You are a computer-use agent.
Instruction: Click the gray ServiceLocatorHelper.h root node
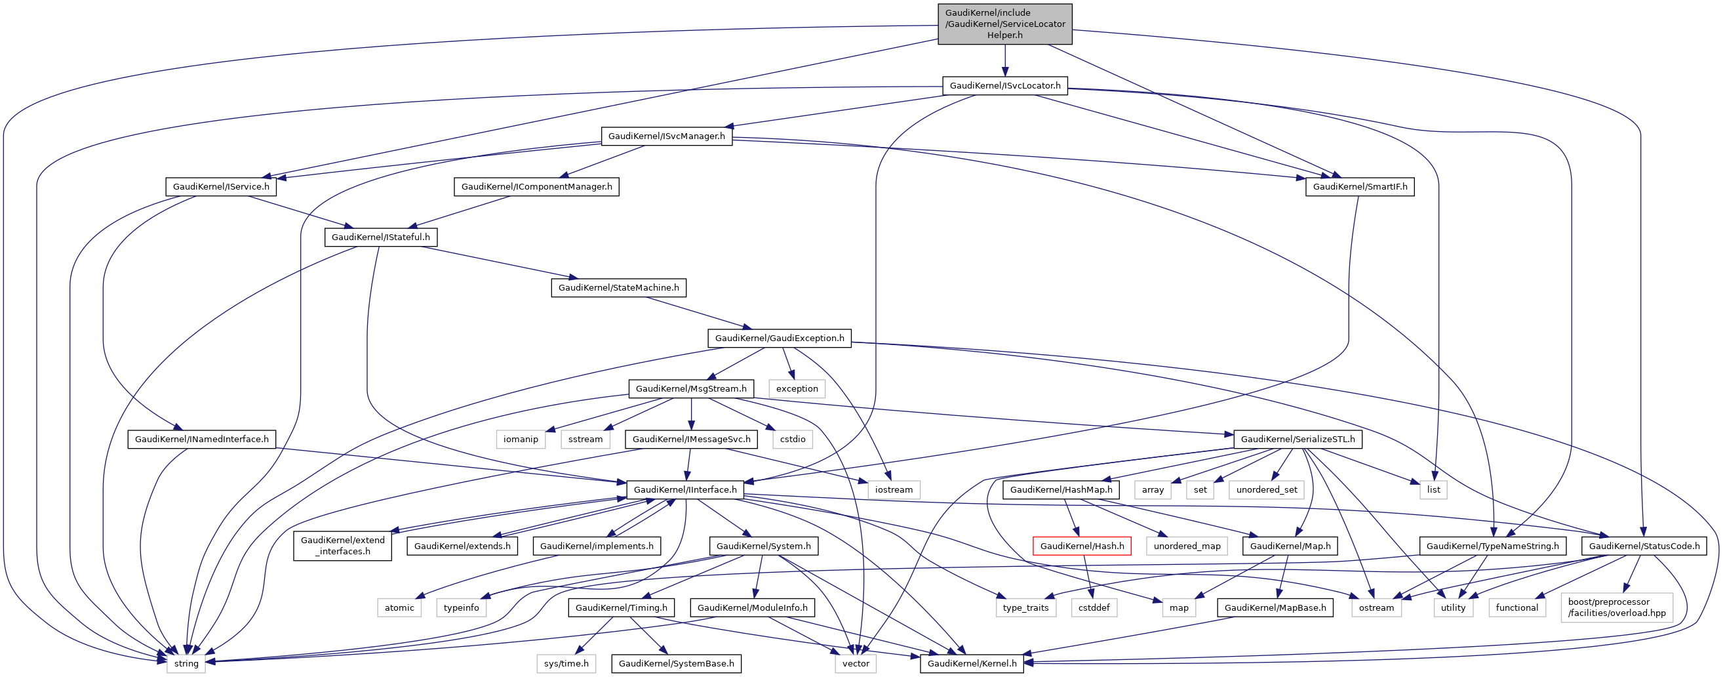point(1004,24)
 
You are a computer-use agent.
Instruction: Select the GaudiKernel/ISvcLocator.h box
point(1004,86)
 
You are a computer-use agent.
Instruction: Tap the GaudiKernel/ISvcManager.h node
point(666,136)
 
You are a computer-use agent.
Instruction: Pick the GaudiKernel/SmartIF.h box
point(1360,187)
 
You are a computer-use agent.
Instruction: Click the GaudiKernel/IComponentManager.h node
point(536,187)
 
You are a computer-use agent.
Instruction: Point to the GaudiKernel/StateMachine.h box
point(618,287)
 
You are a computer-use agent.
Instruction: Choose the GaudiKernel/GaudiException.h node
point(780,338)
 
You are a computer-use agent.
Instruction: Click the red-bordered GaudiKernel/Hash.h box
point(1082,546)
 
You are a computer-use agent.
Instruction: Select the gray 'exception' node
point(797,388)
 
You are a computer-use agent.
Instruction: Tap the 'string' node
point(186,664)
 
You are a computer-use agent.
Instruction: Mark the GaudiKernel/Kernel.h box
point(971,664)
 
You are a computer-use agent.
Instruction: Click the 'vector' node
point(856,664)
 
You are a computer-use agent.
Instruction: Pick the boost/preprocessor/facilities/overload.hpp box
point(1617,607)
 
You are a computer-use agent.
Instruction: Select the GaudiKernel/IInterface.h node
point(685,489)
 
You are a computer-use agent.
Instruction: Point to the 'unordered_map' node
point(1187,546)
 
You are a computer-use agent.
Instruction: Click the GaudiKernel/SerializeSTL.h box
point(1297,440)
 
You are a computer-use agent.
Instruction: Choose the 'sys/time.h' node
point(566,664)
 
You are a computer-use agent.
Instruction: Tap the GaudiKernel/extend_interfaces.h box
point(342,546)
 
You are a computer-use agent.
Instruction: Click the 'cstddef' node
point(1094,608)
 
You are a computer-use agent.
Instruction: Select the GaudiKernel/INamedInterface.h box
point(201,440)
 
